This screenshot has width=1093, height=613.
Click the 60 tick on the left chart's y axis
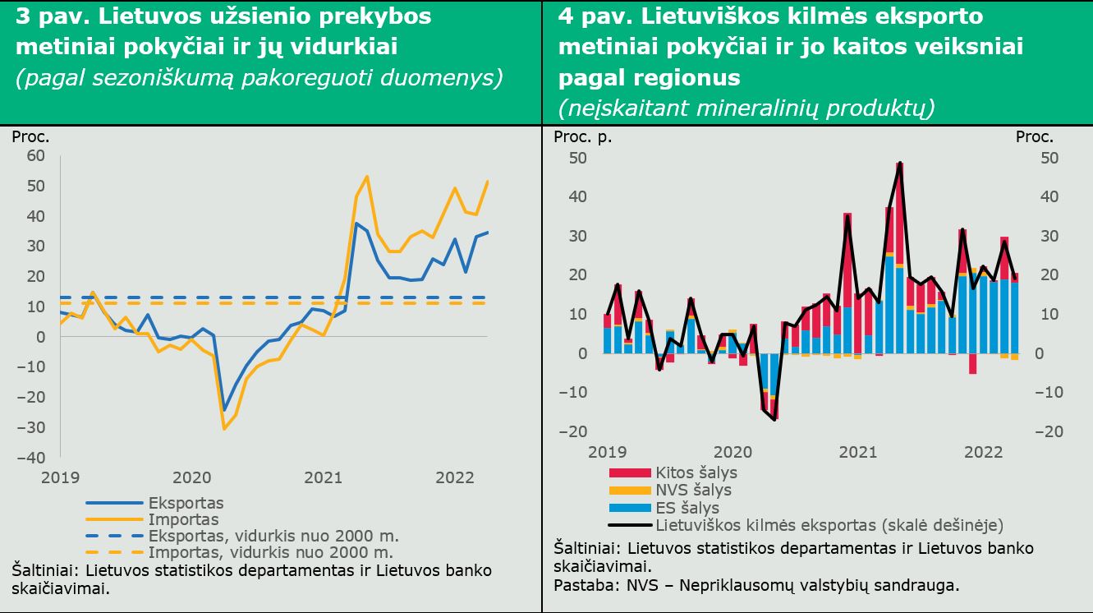[x=35, y=155]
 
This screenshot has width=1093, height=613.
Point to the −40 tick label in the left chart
[x=30, y=458]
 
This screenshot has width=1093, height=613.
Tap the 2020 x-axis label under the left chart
[x=192, y=477]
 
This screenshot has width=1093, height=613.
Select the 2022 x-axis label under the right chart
[x=983, y=452]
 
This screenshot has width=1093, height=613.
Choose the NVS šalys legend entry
[x=670, y=490]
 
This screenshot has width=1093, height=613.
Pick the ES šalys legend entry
[x=664, y=508]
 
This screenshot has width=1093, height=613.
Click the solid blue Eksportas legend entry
[x=154, y=503]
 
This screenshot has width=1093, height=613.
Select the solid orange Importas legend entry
[x=152, y=519]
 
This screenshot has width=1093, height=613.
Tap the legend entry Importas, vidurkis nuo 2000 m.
[x=239, y=552]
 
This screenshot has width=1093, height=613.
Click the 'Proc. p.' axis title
[x=582, y=137]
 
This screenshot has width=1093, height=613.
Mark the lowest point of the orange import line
[x=224, y=429]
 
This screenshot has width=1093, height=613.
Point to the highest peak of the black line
[x=900, y=163]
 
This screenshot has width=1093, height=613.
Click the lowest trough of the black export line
[x=774, y=420]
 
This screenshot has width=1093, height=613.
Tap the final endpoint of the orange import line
[x=488, y=182]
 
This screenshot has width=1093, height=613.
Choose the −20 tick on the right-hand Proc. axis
[x=1048, y=431]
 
